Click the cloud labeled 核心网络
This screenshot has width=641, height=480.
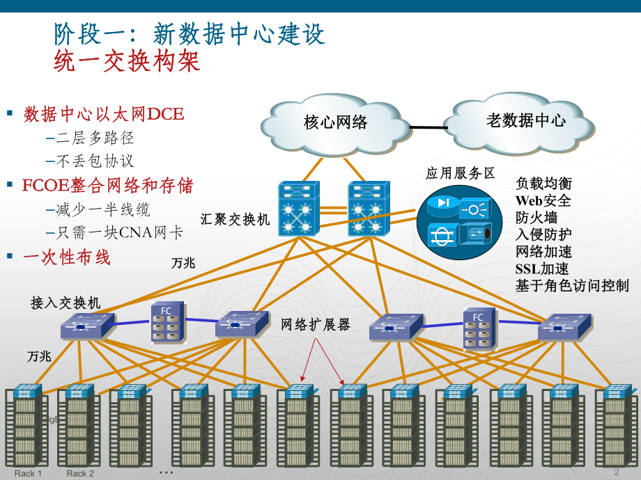click(x=335, y=123)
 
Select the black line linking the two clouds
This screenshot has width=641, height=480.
click(x=428, y=127)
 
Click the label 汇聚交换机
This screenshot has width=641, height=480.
click(x=235, y=219)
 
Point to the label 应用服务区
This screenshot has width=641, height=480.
click(x=460, y=173)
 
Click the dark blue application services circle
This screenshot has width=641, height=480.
click(x=459, y=223)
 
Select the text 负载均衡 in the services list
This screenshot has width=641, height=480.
click(x=543, y=184)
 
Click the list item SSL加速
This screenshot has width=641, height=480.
click(x=541, y=269)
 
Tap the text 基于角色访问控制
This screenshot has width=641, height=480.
click(x=571, y=285)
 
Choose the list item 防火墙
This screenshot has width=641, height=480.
click(x=536, y=218)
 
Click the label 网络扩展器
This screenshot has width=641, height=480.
click(x=316, y=324)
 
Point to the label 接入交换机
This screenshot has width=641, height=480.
click(x=65, y=303)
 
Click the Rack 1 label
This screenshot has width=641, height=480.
click(x=29, y=474)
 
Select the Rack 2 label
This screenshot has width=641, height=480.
click(x=80, y=474)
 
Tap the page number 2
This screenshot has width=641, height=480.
click(x=616, y=472)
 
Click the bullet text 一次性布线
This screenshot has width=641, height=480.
click(x=67, y=257)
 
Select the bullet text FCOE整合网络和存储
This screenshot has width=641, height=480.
click(x=107, y=186)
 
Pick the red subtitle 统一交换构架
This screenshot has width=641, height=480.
click(x=127, y=62)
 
